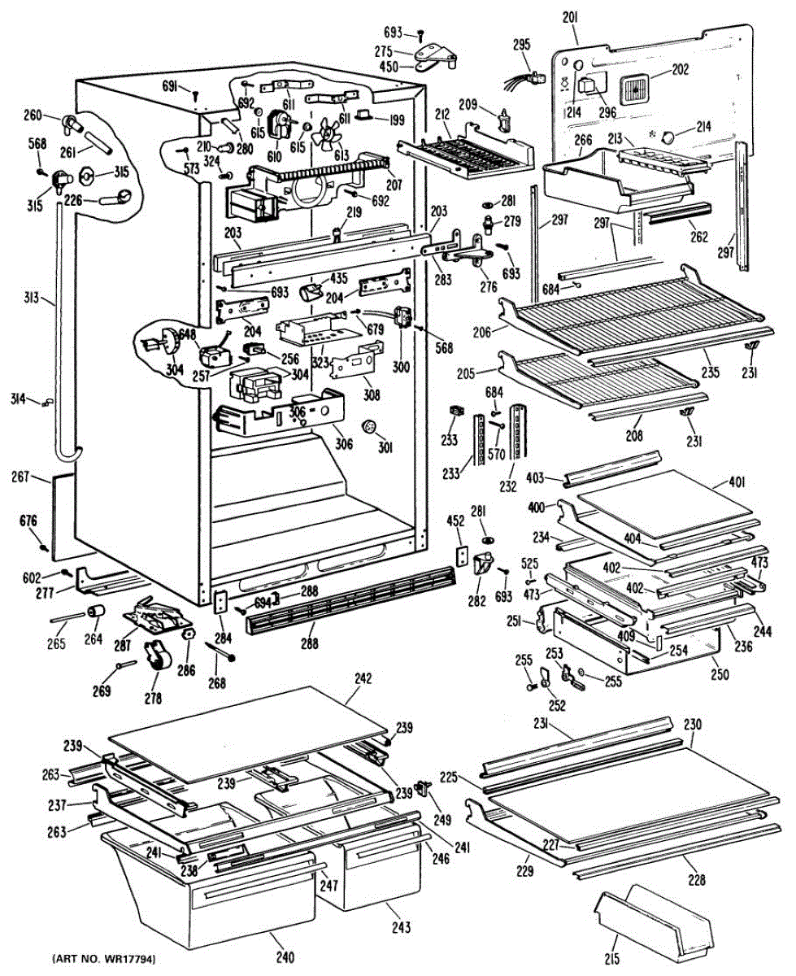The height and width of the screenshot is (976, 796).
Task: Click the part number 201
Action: (x=570, y=18)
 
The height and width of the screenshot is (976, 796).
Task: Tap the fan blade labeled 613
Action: (x=327, y=134)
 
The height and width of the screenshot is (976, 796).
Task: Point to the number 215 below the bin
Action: (x=611, y=958)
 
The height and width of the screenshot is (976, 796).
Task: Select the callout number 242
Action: (x=363, y=679)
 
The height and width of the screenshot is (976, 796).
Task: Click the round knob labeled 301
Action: (x=369, y=426)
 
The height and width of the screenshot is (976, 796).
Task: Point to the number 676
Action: (x=28, y=521)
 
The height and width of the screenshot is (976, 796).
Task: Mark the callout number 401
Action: (x=737, y=482)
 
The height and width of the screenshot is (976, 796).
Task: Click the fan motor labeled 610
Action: (x=280, y=123)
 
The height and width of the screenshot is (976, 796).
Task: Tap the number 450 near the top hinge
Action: (x=388, y=68)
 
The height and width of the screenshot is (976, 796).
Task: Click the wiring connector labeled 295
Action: (x=528, y=78)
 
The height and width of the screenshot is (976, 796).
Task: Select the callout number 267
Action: (x=20, y=476)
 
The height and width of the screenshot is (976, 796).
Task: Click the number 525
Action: (x=529, y=563)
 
